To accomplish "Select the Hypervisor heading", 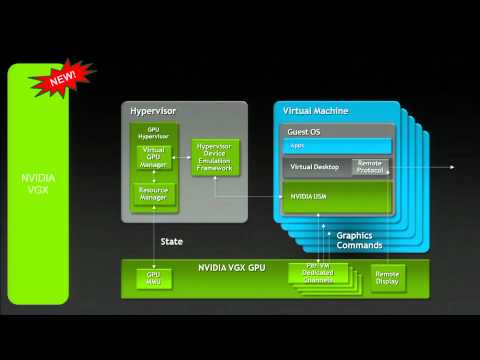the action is click(152, 108).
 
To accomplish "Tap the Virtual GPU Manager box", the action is click(153, 156).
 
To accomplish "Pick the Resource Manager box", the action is click(153, 194).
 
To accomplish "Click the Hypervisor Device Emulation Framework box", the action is click(215, 157).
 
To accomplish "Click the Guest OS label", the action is click(304, 130).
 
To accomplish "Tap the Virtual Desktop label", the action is click(315, 167).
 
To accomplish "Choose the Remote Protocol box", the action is click(370, 166).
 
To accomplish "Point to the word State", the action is click(172, 242).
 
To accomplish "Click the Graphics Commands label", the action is click(359, 240).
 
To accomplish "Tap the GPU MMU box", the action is click(153, 278).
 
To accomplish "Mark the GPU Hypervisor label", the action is click(153, 132).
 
